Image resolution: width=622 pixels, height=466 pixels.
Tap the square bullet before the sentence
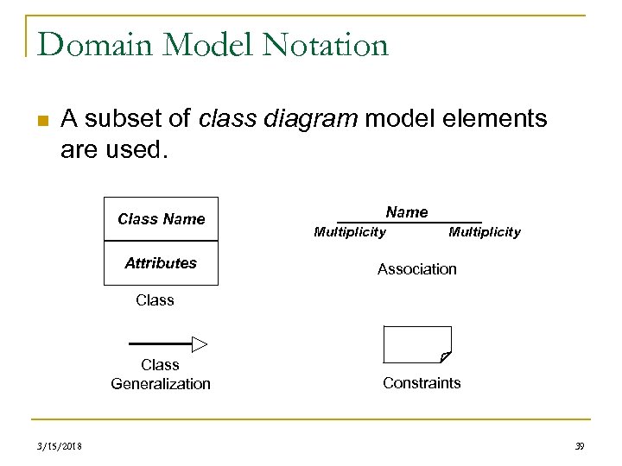click(43, 120)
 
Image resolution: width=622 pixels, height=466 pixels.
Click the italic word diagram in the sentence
click(312, 119)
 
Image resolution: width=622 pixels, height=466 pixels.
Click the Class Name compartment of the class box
click(161, 219)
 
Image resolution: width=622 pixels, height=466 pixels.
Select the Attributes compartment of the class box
click(161, 263)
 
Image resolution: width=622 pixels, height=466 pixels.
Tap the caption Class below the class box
click(155, 300)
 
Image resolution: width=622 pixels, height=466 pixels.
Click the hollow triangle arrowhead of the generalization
click(200, 344)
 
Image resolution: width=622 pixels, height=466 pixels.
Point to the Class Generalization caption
click(161, 375)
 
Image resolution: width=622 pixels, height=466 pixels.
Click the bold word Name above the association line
click(406, 212)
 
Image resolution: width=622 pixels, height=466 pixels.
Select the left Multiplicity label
click(350, 232)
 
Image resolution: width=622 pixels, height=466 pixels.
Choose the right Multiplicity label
click(485, 232)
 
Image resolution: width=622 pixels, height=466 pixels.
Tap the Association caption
click(416, 269)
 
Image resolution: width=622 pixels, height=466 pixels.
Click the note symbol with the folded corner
click(417, 344)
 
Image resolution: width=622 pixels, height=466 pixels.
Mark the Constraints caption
click(422, 383)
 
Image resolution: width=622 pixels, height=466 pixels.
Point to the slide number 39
click(579, 445)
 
